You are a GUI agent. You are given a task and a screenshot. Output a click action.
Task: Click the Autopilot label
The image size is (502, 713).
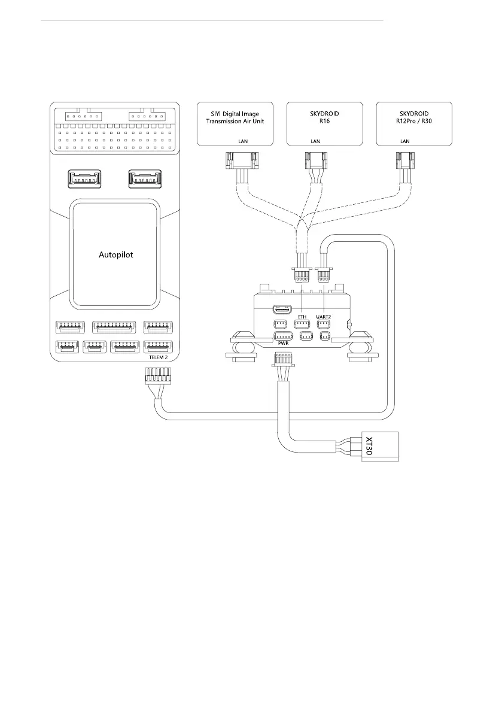115,254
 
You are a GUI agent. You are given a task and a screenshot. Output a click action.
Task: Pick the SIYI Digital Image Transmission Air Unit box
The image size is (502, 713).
235,123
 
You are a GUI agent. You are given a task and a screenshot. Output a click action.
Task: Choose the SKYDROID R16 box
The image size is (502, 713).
325,123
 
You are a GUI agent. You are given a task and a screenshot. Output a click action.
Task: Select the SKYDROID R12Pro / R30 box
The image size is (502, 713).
414,123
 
